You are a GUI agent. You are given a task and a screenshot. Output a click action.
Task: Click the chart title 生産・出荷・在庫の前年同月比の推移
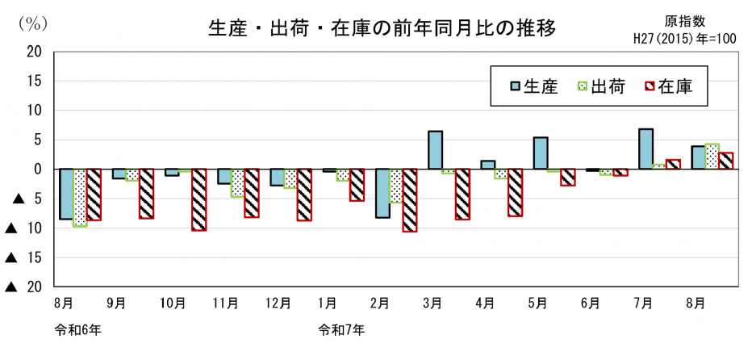coord(382,30)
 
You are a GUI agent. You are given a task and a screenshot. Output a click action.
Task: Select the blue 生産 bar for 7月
coord(645,149)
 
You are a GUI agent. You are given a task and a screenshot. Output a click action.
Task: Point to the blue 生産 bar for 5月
coord(541,153)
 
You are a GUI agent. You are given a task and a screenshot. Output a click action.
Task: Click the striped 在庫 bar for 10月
coord(198,199)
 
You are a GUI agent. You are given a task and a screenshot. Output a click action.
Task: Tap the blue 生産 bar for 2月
coord(382,193)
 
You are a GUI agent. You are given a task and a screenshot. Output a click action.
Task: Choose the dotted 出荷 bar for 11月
coord(237,182)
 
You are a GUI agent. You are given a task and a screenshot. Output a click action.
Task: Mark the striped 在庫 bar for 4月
coord(515,192)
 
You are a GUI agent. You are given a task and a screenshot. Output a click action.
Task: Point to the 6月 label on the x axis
coord(590,303)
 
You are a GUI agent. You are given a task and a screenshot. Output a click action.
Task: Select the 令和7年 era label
coord(341,329)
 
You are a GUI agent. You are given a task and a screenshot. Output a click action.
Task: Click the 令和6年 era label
coord(77,329)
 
